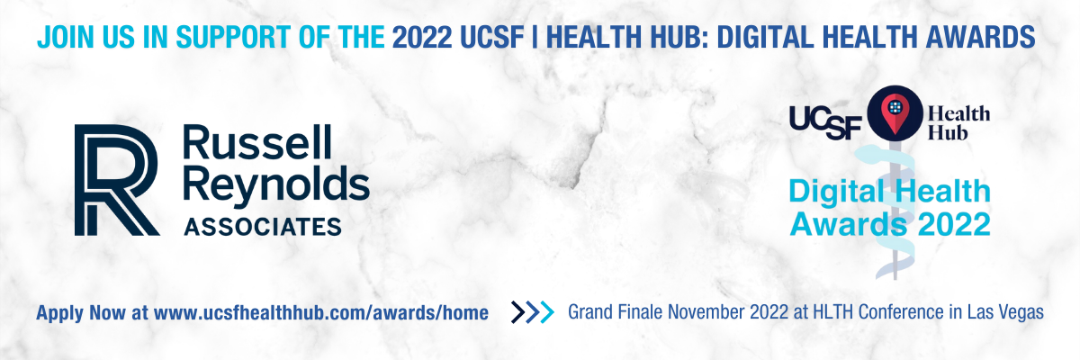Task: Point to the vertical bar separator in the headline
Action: [x=535, y=37]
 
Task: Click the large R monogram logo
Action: [x=117, y=180]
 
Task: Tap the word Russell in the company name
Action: [x=257, y=143]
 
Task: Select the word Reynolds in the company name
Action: [x=276, y=186]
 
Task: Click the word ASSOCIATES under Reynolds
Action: [x=263, y=227]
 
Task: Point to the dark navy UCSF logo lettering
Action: [x=825, y=123]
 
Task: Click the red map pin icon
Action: [x=895, y=113]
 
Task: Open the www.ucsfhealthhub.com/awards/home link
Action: [x=321, y=313]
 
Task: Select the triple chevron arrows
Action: [x=533, y=312]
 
